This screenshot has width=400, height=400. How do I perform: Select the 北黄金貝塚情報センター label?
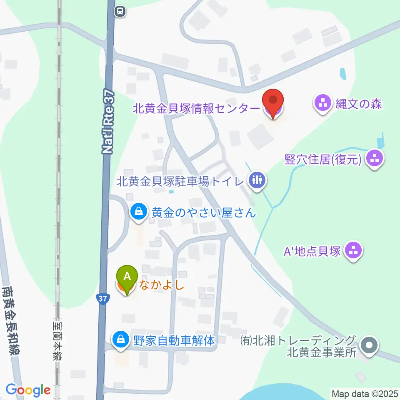[196, 109]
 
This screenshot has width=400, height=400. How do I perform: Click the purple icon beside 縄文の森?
[323, 104]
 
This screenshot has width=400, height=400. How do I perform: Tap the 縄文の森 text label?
[359, 104]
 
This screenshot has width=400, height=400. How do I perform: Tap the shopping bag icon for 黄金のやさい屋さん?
[137, 212]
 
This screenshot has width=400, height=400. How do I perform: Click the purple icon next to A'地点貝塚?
[354, 251]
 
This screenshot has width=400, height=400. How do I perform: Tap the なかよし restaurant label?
[161, 285]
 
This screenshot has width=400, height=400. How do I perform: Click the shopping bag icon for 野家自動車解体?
[120, 340]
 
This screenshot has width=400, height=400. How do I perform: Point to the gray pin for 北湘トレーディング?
[369, 346]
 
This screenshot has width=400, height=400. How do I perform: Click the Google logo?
[28, 390]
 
